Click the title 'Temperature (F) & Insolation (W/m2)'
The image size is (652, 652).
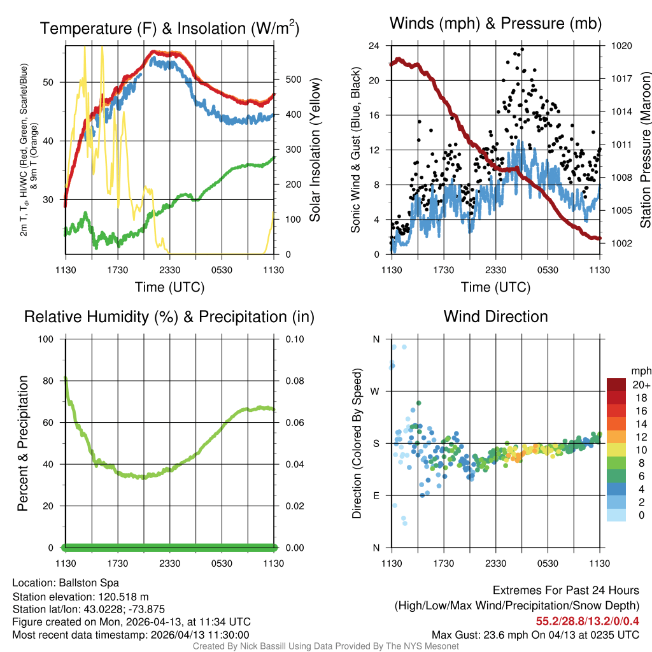169,28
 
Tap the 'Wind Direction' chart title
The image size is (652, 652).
495,316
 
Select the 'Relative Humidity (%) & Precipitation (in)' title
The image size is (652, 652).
169,316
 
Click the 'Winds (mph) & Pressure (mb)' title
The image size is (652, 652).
495,24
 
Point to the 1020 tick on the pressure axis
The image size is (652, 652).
620,46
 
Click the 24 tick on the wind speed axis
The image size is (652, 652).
374,46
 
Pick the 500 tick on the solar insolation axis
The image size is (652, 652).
288,80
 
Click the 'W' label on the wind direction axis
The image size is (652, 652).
376,391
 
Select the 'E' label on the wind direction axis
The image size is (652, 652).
376,495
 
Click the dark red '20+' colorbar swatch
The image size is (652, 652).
616,385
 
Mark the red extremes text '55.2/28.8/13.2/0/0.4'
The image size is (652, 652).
588,621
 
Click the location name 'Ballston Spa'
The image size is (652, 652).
89,583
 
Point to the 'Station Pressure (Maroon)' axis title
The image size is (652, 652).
645,150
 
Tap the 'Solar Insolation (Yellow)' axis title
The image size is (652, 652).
315,150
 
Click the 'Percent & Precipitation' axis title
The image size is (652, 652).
23,443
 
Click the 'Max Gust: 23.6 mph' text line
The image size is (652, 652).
535,635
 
